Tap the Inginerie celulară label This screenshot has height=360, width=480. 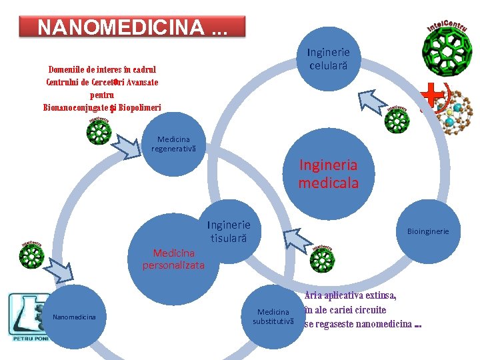pos(328,59)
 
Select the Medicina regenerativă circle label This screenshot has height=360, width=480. pos(173,143)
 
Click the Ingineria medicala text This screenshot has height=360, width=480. pos(328,173)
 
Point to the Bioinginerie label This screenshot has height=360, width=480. pos(428,231)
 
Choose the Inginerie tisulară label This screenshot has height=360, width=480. pos(229,231)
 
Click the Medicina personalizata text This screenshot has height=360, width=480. pos(173,259)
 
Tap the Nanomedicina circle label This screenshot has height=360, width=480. pos(74,317)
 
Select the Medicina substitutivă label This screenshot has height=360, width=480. pos(273,317)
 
